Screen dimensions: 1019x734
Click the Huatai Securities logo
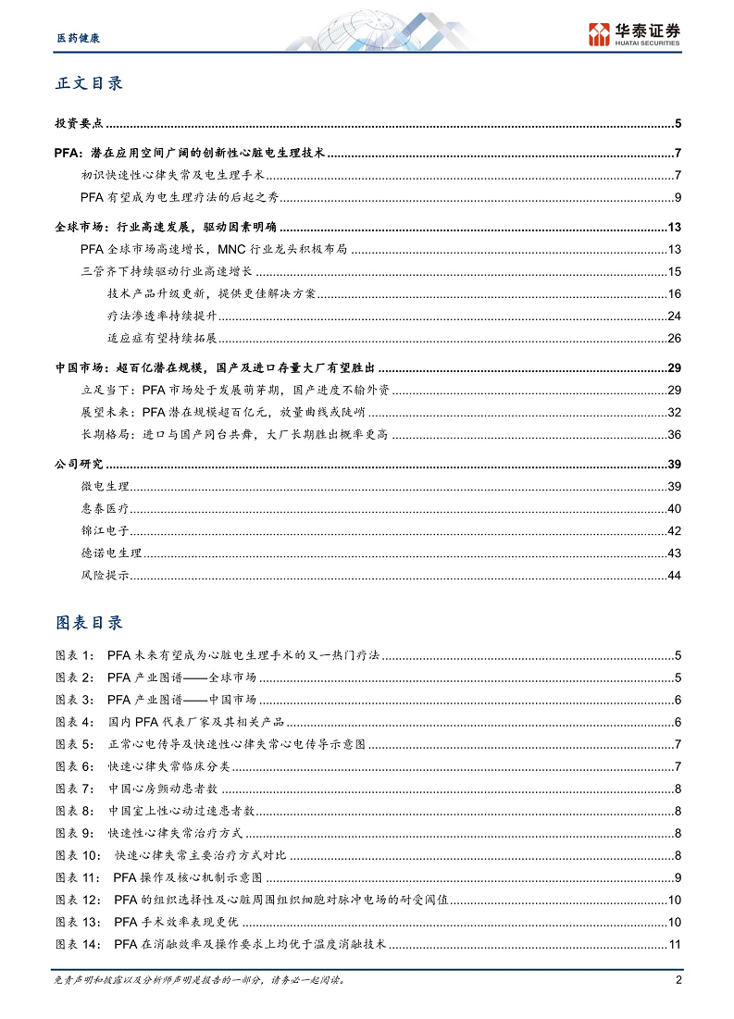(x=634, y=34)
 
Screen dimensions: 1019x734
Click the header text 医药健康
(x=73, y=39)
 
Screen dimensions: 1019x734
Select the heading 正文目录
(x=89, y=83)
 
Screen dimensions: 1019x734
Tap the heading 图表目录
(x=89, y=622)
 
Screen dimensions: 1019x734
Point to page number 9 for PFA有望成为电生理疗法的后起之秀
(x=678, y=197)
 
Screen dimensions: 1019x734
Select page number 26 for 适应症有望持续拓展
(x=674, y=338)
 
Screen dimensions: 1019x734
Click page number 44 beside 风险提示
(x=674, y=576)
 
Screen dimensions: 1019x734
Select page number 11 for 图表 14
(x=674, y=944)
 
